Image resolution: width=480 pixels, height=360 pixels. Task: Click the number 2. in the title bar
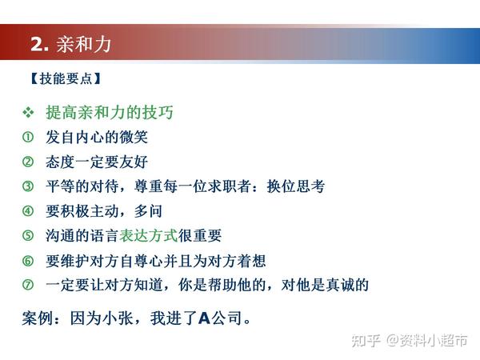pyautogui.click(x=39, y=44)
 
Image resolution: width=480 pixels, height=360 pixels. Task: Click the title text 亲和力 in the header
pyautogui.click(x=83, y=44)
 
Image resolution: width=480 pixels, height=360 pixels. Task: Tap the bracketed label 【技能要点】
pyautogui.click(x=66, y=78)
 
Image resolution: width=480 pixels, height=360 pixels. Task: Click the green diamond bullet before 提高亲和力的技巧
pyautogui.click(x=28, y=112)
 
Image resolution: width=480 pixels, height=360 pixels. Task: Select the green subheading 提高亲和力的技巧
pyautogui.click(x=110, y=112)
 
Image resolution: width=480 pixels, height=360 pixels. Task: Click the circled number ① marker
pyautogui.click(x=28, y=137)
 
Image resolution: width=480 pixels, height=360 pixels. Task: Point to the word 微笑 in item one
pyautogui.click(x=134, y=137)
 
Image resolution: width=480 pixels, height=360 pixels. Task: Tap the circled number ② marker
pyautogui.click(x=28, y=162)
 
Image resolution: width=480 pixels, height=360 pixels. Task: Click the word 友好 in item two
pyautogui.click(x=134, y=162)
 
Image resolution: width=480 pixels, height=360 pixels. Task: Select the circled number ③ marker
pyautogui.click(x=28, y=186)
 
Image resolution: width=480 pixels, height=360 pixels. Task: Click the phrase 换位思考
pyautogui.click(x=296, y=186)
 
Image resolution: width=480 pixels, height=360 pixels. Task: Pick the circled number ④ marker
pyautogui.click(x=28, y=211)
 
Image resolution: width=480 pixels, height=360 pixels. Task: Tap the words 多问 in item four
pyautogui.click(x=148, y=211)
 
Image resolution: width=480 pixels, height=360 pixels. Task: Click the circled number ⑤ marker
pyautogui.click(x=28, y=235)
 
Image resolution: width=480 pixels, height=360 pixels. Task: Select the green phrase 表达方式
pyautogui.click(x=149, y=235)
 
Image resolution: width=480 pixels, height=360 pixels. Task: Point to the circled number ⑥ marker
pyautogui.click(x=28, y=261)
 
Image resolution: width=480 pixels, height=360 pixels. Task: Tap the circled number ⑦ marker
pyautogui.click(x=28, y=285)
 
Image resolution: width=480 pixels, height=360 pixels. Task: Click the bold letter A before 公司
pyautogui.click(x=204, y=318)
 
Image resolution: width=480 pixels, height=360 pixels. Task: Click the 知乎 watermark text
pyautogui.click(x=366, y=340)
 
